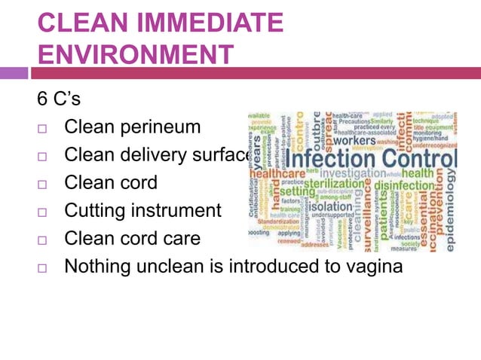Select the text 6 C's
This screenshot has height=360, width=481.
click(x=61, y=99)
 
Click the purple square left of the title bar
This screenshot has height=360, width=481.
click(x=14, y=73)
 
